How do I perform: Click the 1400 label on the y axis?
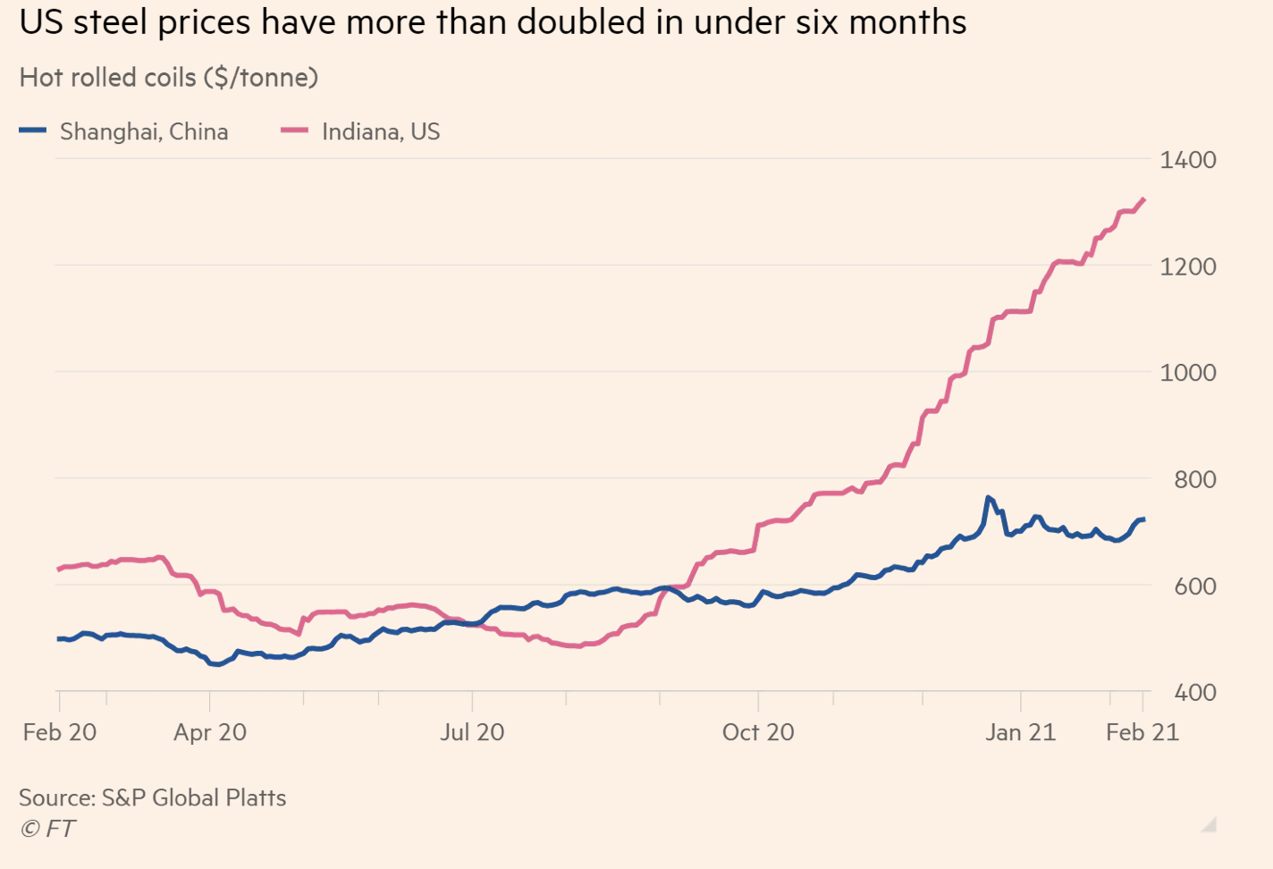tap(1188, 160)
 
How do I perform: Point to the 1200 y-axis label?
tap(1188, 266)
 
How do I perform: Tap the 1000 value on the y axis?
tap(1188, 373)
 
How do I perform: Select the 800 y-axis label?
tap(1195, 480)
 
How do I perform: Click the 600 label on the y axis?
tap(1195, 586)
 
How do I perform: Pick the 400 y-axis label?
tap(1195, 692)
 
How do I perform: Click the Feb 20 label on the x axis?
tap(60, 732)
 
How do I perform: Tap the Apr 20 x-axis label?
tap(210, 732)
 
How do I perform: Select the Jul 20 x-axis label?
tap(472, 732)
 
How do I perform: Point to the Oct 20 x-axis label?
tap(758, 732)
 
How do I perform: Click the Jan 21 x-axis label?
tap(1021, 732)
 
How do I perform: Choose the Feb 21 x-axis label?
tap(1142, 732)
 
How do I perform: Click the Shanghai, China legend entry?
tap(124, 131)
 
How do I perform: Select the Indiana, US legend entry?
tap(360, 131)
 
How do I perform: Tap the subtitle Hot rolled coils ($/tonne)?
tap(169, 78)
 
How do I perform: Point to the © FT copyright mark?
tap(46, 829)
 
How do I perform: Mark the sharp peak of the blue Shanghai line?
tap(989, 498)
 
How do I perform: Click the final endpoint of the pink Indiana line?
tap(1143, 199)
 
